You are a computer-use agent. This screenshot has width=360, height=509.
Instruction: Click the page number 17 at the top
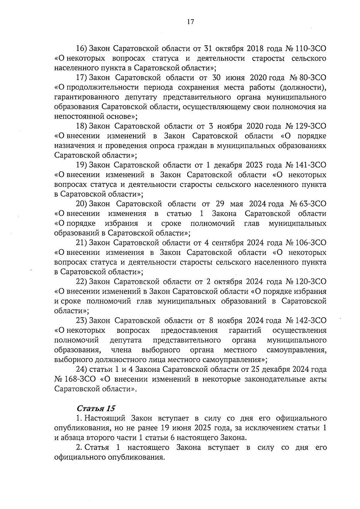point(190,22)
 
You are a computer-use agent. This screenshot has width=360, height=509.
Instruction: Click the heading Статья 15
point(96,408)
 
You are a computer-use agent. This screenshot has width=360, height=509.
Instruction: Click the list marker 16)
point(81,49)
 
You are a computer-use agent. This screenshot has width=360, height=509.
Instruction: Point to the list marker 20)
point(81,204)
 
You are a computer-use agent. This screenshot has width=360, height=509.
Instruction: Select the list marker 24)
point(81,369)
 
